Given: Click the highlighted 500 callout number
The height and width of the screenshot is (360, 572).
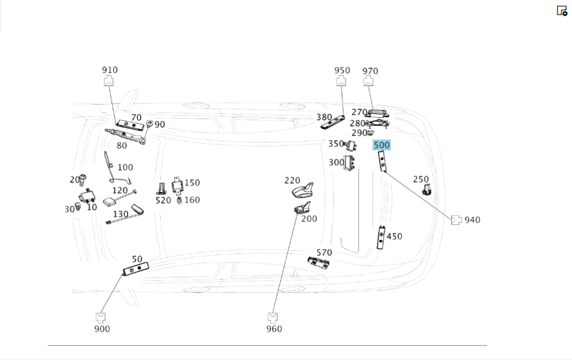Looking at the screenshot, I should click(x=382, y=145).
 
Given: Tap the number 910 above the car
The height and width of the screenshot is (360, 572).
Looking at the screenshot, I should click(x=110, y=70).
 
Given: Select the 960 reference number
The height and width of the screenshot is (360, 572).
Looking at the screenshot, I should click(x=274, y=329).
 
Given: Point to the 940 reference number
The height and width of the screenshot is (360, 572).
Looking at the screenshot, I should click(x=472, y=220).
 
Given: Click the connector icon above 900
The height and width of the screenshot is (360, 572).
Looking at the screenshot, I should click(x=101, y=316).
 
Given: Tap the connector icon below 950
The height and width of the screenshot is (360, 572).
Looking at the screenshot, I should click(x=341, y=81).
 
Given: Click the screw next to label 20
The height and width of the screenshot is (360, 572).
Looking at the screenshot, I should click(x=83, y=180).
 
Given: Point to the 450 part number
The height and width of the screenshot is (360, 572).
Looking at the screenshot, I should click(x=394, y=236).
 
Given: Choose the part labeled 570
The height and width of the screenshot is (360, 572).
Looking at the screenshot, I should click(x=319, y=263).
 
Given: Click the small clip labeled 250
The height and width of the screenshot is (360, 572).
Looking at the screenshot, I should click(x=426, y=189).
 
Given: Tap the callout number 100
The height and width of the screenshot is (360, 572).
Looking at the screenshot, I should click(x=125, y=167).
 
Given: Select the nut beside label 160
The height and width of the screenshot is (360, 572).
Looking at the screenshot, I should click(x=179, y=201).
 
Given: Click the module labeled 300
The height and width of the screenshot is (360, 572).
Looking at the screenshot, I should click(x=349, y=164).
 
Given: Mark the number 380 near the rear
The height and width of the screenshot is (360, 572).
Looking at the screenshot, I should click(x=324, y=117).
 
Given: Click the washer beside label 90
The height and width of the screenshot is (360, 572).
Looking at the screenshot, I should click(x=149, y=124).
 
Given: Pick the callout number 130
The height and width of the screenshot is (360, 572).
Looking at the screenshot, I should click(x=120, y=214).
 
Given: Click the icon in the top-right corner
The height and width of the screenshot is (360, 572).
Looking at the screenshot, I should click(x=562, y=11).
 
